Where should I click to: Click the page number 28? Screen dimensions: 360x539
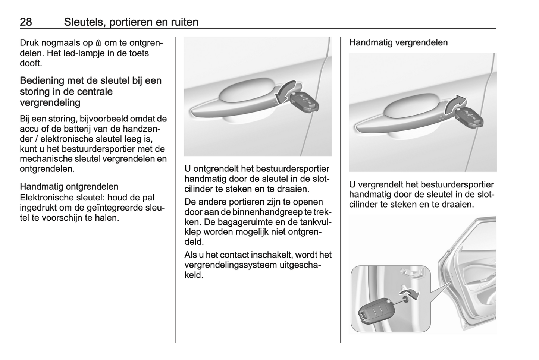click(x=26, y=22)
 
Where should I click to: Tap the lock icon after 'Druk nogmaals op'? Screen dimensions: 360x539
click(x=98, y=43)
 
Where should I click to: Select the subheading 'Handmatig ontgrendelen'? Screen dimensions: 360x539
click(x=69, y=187)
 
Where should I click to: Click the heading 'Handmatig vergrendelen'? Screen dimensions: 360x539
click(x=398, y=42)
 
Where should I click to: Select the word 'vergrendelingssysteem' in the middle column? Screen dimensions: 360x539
click(x=231, y=265)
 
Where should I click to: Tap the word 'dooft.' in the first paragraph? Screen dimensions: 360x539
click(x=31, y=63)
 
